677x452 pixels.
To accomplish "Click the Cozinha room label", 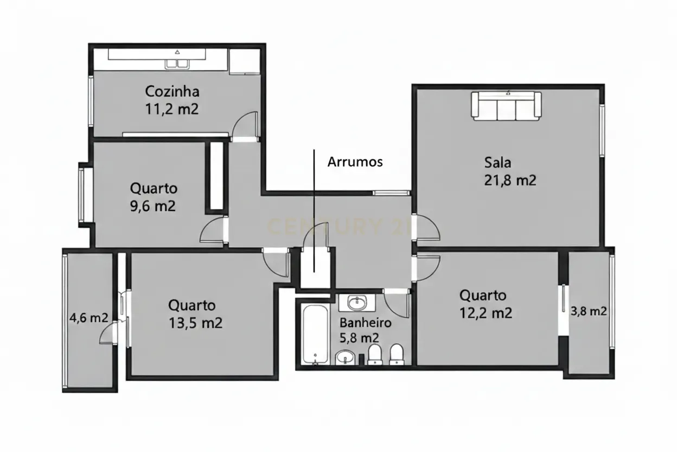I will pos(172,91).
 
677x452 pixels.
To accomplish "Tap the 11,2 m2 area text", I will pos(171,109).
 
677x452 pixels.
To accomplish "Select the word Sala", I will pos(497,162).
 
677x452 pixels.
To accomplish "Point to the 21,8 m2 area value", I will pos(510,180).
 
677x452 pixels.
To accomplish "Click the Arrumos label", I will pos(355,162).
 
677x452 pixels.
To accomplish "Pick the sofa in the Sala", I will pos(506,106).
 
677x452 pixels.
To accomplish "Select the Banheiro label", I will pos(365,323).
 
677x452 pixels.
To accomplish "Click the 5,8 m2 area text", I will pos(359,337).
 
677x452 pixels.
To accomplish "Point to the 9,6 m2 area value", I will pos(154,206).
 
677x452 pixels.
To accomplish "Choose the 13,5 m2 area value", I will pos(195,323).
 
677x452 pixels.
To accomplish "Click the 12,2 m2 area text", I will pos(486,313).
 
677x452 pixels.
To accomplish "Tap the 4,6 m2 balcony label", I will pos(88,318).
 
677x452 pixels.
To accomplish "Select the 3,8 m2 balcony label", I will pos(589,312).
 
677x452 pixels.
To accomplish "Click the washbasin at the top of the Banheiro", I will pos(357,302).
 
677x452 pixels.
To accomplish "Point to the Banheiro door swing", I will pos(397,304).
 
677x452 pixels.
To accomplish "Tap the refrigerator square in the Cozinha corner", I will pos(245,61).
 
